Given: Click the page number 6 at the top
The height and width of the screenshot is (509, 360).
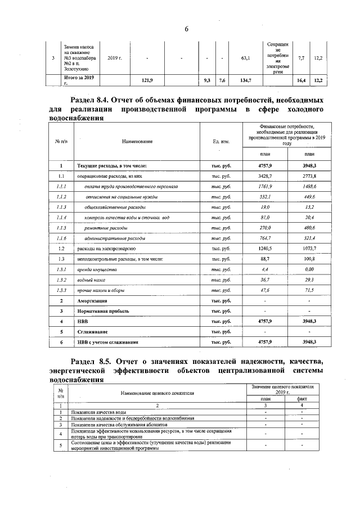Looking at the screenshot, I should [x=185, y=29].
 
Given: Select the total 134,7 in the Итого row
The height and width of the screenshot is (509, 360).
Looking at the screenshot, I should [x=245, y=81].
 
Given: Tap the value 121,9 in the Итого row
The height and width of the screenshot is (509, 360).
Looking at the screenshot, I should [x=147, y=81].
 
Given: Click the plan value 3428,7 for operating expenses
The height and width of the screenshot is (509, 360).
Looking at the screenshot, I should [x=264, y=177].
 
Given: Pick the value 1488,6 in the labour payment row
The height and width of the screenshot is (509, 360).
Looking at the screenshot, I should [x=309, y=186].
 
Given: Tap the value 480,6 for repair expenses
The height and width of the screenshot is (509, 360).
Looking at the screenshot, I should [x=309, y=227].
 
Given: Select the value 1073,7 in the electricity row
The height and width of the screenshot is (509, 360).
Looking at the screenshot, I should [x=309, y=248].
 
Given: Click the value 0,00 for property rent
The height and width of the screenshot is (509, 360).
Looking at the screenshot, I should [x=309, y=269].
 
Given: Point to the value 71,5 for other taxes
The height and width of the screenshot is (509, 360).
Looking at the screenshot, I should [x=309, y=290].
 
